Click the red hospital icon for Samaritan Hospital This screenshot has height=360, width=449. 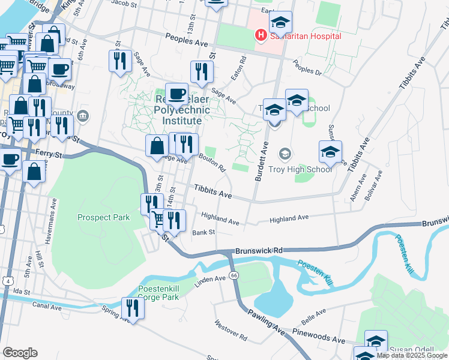[261, 35]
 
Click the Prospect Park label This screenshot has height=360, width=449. [100, 217]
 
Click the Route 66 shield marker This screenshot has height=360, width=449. [234, 275]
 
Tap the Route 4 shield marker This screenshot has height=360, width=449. [8, 280]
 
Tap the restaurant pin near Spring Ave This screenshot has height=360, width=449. [131, 308]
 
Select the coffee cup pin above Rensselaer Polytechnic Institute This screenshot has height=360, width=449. [176, 94]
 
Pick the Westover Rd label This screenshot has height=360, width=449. [231, 331]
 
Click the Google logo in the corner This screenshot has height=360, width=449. [20, 353]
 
